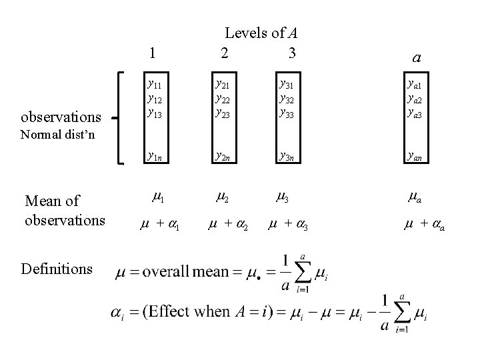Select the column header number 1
(154, 53)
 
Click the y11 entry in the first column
(155, 85)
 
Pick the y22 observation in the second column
(223, 98)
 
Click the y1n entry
(155, 157)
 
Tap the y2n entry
(223, 157)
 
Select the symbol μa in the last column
(417, 197)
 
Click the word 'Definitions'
(57, 269)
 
